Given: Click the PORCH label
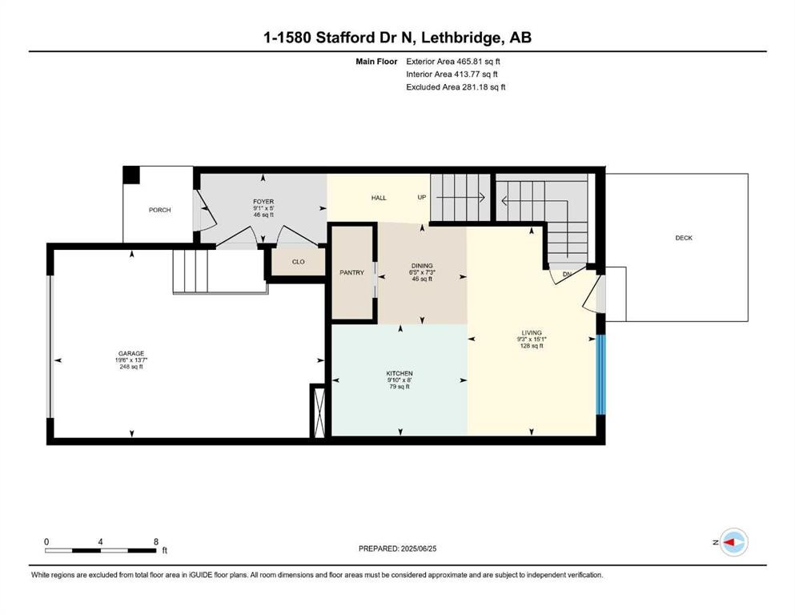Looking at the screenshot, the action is (x=159, y=210).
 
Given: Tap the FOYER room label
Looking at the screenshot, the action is (x=263, y=202).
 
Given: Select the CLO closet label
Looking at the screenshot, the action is (x=298, y=262).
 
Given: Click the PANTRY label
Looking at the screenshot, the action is (x=352, y=273).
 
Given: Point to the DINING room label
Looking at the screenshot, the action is (x=422, y=266).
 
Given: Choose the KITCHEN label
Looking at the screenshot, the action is (x=400, y=374).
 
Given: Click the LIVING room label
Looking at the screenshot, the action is (x=532, y=333).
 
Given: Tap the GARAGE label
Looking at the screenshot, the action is (x=131, y=354).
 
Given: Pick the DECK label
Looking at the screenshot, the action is (x=684, y=238).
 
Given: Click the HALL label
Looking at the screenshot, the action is (x=379, y=198).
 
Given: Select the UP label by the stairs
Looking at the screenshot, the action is (x=422, y=197).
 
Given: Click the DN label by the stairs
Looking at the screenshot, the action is (x=567, y=275).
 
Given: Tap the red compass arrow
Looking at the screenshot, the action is (x=729, y=542).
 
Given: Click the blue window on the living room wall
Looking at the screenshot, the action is (x=600, y=375).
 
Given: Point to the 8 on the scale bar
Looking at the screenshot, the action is (x=156, y=541).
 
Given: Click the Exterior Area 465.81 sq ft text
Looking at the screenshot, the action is (x=453, y=62).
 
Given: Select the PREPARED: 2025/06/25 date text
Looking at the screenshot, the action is (x=397, y=549).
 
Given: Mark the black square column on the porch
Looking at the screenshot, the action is (x=131, y=175).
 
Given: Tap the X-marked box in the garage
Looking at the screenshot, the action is (x=319, y=412).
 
